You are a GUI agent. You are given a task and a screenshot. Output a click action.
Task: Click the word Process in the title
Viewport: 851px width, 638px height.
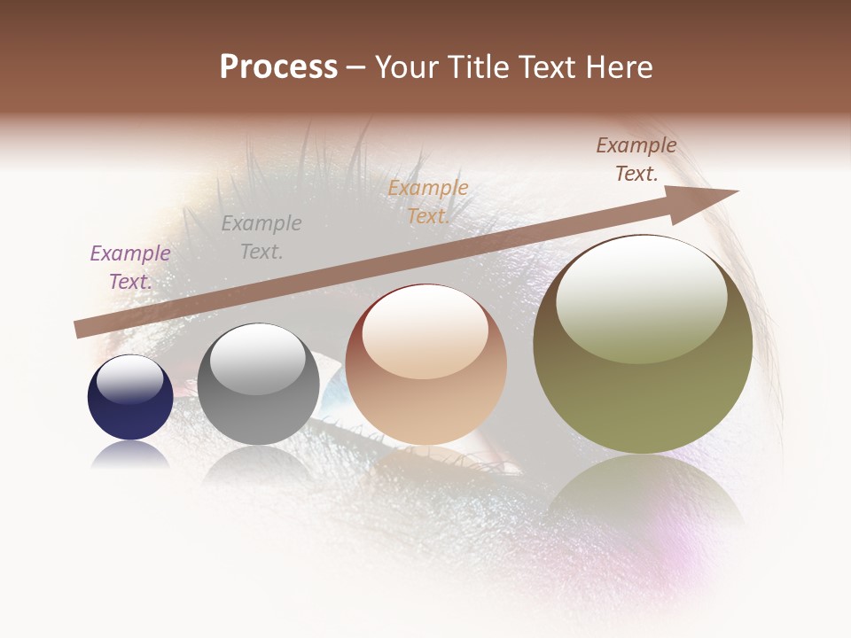278,67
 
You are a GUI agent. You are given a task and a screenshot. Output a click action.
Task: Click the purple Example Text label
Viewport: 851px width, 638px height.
130,267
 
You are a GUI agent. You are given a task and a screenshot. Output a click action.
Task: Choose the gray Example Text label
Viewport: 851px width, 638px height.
262,237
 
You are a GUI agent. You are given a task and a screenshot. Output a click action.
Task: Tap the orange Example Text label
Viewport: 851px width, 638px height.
428,202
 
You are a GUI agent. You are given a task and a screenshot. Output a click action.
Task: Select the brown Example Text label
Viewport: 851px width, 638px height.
636,159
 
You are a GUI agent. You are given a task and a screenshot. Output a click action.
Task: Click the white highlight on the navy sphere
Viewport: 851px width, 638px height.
130,378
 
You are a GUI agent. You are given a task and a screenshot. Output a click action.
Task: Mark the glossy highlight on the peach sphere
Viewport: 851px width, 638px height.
425,332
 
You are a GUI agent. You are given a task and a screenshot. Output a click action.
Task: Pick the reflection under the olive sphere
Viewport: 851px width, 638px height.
643,496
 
